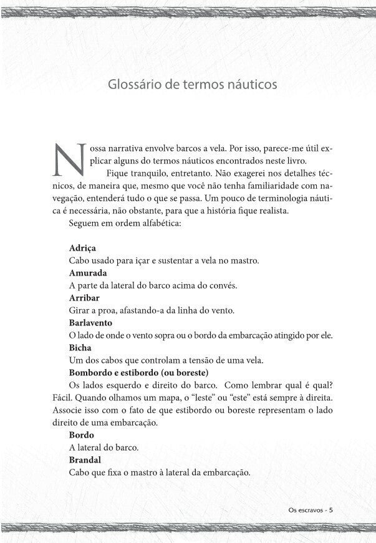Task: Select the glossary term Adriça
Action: point(82,247)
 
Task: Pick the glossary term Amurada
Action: point(88,272)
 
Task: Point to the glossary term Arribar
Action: point(84,297)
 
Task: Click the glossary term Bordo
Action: point(82,435)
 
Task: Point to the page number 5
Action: point(331,509)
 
